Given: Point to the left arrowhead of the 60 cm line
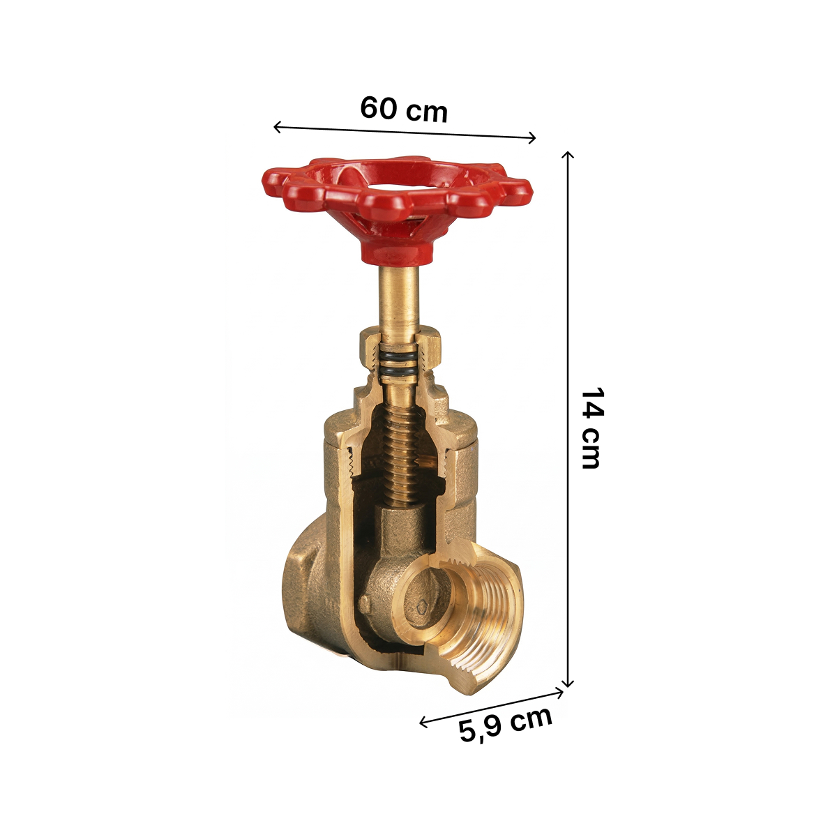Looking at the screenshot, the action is [277, 127].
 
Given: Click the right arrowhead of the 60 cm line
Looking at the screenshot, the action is [532, 138].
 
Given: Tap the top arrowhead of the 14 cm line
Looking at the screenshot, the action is [568, 155].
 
